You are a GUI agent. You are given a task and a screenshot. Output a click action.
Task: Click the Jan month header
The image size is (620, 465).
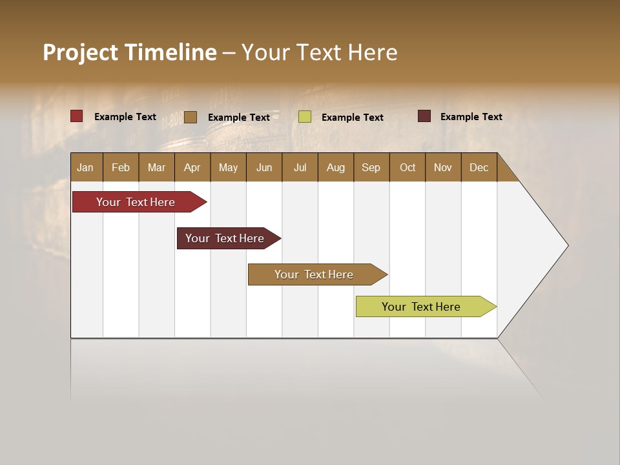(x=86, y=167)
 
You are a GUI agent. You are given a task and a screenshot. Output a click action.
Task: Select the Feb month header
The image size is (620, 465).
(x=121, y=167)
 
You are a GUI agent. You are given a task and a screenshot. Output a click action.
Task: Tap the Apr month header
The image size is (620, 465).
(x=192, y=167)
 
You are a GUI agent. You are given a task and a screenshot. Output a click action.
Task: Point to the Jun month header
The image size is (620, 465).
(x=264, y=167)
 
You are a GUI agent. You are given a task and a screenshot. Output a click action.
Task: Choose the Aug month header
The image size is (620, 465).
(x=336, y=167)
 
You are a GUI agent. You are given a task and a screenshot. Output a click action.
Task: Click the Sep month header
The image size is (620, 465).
(x=371, y=167)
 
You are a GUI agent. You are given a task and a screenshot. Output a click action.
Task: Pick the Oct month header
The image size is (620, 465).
(x=408, y=167)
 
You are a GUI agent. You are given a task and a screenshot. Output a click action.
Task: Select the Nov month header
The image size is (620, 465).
(x=443, y=167)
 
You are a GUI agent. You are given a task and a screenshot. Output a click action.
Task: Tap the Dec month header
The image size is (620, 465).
(x=479, y=167)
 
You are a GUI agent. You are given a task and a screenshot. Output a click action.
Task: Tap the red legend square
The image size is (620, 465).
(x=77, y=116)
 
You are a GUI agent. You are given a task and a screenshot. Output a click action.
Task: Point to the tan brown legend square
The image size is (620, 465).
(x=191, y=117)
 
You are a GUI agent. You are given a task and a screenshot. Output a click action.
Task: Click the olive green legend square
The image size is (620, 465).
(x=305, y=116)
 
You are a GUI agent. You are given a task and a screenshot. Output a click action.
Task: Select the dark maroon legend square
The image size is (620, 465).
(x=424, y=116)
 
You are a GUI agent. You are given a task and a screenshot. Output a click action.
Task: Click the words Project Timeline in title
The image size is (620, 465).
(x=130, y=52)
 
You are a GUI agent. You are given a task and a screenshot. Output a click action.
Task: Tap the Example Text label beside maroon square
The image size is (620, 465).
(x=471, y=117)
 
